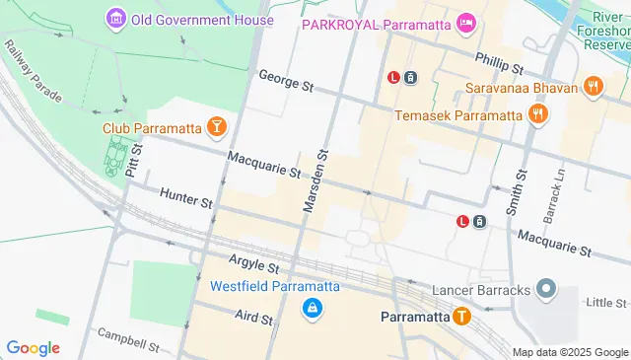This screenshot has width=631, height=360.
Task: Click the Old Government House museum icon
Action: tap(115, 19)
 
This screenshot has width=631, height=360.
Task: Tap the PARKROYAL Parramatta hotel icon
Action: tap(466, 22)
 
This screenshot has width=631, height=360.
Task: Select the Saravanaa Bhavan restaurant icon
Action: tap(593, 86)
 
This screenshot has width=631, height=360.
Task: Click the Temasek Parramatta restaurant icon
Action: tap(537, 114)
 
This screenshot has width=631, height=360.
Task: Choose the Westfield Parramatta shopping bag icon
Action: tap(312, 309)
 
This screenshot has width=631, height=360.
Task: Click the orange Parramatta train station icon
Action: tap(461, 317)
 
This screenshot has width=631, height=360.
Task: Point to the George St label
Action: tap(285, 81)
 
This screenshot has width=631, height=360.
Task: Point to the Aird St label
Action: tap(253, 318)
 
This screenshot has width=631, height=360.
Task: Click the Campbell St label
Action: tap(128, 344)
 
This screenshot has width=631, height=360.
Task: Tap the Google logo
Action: tap(33, 347)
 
